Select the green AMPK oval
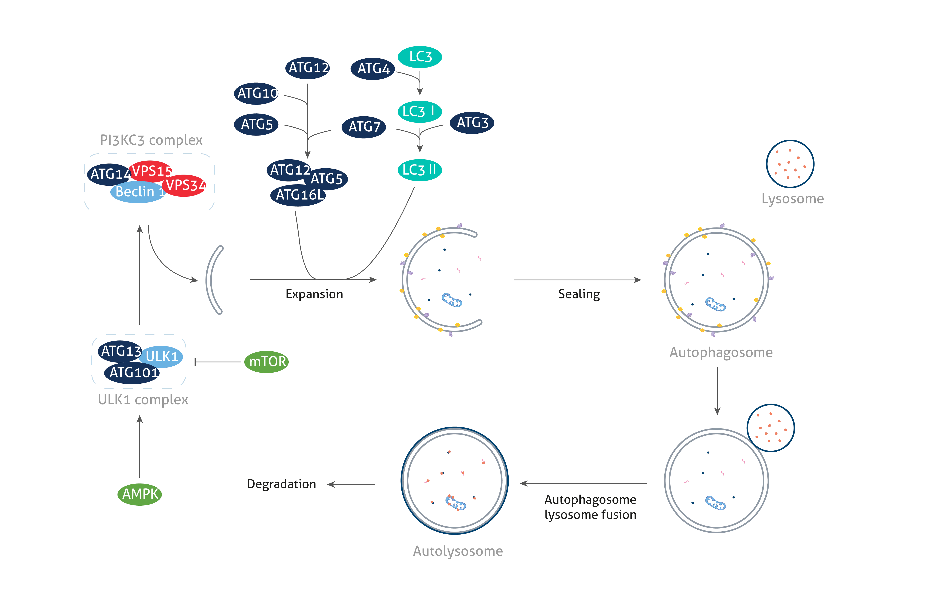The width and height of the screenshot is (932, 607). click(x=140, y=494)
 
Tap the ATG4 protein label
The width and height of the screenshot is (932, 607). click(x=373, y=69)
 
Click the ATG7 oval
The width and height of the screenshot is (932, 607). click(x=364, y=127)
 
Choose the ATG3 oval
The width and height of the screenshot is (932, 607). click(x=472, y=123)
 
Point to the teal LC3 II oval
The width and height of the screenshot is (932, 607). click(x=419, y=170)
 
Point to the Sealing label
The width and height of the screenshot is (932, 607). click(x=579, y=294)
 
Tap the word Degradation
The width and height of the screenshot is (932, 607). click(x=282, y=484)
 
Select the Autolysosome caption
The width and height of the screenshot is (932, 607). click(x=457, y=551)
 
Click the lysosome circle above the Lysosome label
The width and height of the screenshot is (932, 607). click(x=790, y=164)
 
